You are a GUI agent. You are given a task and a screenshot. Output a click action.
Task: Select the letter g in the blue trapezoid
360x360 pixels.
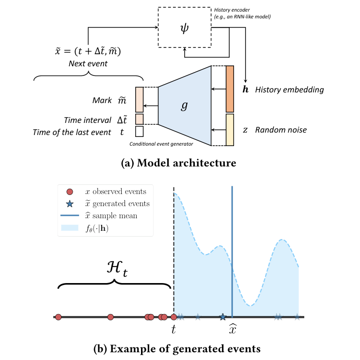(184, 106)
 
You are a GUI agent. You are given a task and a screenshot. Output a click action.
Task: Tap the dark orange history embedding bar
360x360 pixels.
(230, 89)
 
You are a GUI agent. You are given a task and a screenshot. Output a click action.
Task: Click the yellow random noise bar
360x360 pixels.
(230, 130)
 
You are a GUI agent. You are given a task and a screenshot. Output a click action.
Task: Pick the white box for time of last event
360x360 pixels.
(139, 132)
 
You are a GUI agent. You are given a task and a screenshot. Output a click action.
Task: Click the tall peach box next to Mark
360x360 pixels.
(139, 100)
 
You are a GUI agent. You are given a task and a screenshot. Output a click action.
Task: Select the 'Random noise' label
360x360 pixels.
(282, 130)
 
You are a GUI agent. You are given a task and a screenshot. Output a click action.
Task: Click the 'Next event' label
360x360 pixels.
(88, 63)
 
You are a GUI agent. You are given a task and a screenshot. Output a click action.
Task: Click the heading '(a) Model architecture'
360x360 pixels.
(179, 163)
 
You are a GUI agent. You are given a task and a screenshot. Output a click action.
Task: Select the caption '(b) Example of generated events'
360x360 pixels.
(179, 348)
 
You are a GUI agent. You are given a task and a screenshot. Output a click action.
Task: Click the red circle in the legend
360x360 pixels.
(70, 192)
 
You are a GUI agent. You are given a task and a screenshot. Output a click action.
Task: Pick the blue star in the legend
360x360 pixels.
(70, 204)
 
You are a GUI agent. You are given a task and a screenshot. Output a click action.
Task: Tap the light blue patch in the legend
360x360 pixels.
(70, 227)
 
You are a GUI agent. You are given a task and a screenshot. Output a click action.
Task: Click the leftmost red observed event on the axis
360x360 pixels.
(59, 317)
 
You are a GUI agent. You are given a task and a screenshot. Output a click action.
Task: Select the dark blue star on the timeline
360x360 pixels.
(222, 317)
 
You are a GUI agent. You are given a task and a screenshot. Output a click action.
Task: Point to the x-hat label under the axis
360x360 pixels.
(233, 329)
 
